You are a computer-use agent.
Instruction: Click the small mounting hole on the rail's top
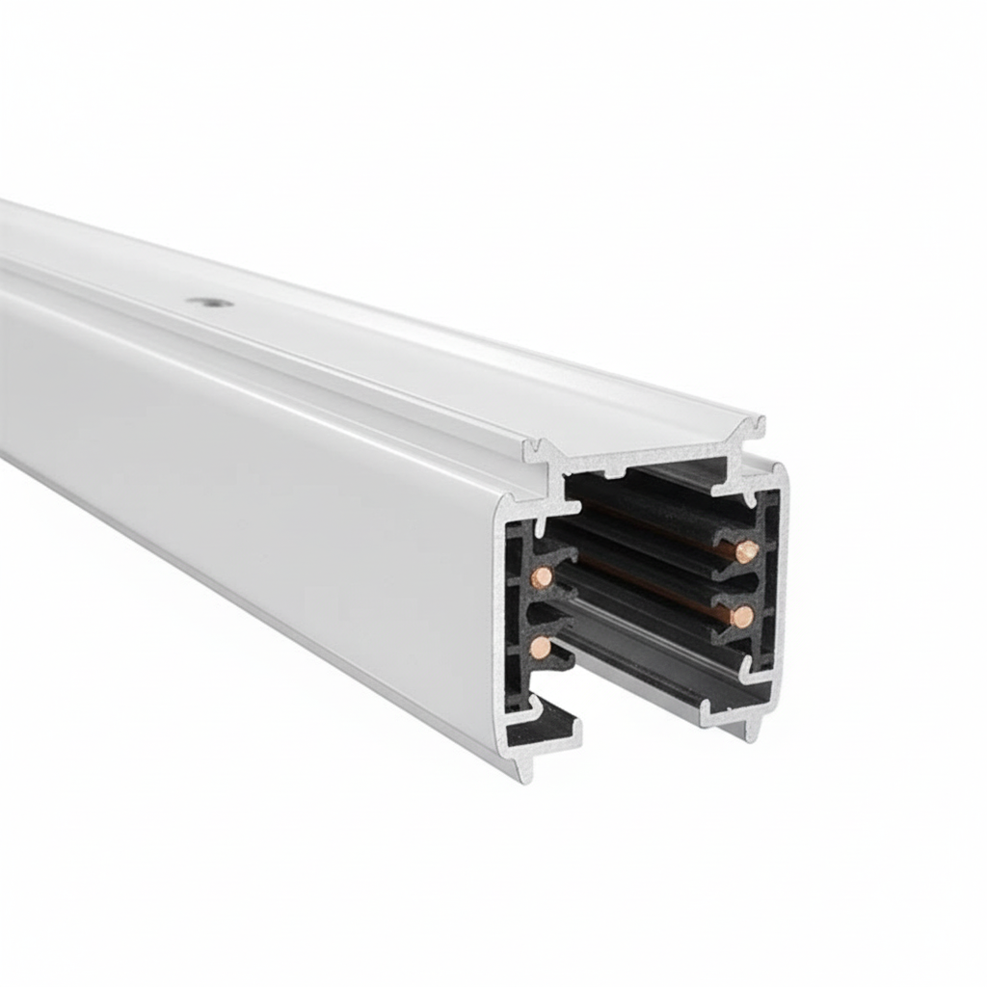click(x=209, y=302)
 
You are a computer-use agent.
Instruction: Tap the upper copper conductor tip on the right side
click(x=747, y=551)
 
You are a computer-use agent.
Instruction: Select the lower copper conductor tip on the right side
click(x=741, y=616)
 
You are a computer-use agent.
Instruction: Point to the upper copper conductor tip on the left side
click(x=543, y=577)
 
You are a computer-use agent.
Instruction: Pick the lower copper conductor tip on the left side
click(x=541, y=647)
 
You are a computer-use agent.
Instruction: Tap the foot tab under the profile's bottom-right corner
click(x=751, y=732)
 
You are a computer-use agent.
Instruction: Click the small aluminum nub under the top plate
click(x=614, y=471)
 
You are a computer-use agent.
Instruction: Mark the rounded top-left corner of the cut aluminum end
click(x=505, y=506)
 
